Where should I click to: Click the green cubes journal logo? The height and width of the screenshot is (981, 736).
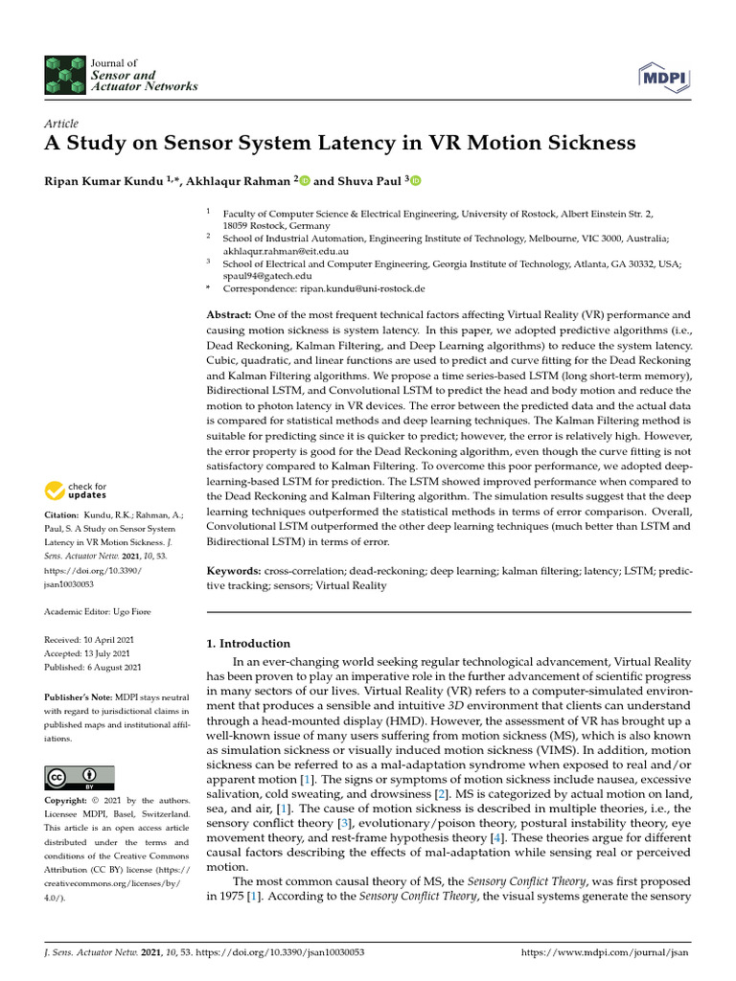click(64, 74)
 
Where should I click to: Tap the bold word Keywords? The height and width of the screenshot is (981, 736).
click(235, 571)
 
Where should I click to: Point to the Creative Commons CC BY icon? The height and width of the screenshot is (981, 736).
click(79, 777)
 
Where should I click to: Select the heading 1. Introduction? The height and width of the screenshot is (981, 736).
click(249, 644)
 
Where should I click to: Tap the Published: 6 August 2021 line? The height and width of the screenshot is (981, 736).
click(93, 667)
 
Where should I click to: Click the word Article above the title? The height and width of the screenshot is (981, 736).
click(61, 124)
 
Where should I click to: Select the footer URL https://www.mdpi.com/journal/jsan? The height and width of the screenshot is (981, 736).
click(604, 953)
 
